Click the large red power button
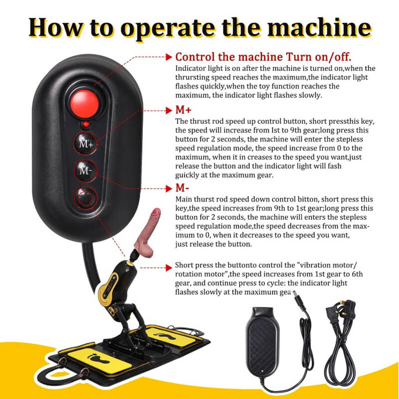tap(84, 104)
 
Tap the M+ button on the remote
tap(86, 144)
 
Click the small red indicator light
tap(86, 124)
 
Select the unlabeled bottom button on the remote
tap(85, 198)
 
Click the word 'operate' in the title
tap(168, 28)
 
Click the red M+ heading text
tap(183, 110)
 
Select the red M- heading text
tap(182, 188)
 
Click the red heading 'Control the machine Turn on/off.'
tap(263, 57)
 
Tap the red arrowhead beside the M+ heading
tap(169, 110)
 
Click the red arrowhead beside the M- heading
tap(169, 189)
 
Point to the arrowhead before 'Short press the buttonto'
tap(169, 268)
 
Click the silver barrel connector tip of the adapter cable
tap(295, 294)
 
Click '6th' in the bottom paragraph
tap(356, 274)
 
